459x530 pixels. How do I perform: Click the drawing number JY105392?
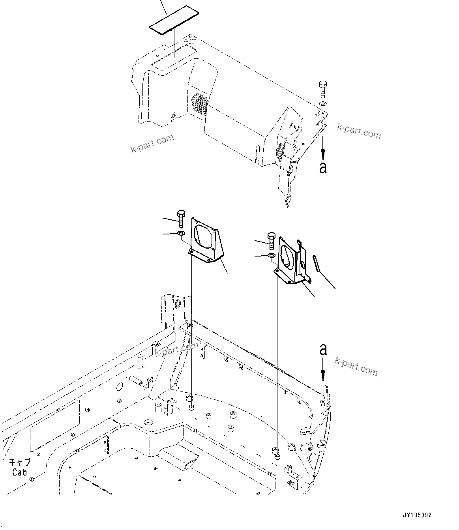[x=417, y=515]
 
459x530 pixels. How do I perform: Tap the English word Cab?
[x=19, y=472]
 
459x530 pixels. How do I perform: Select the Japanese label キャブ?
[x=20, y=462]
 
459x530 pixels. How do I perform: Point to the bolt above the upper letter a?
[x=322, y=89]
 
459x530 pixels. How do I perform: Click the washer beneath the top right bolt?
[x=322, y=103]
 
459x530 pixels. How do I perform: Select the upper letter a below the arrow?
[x=323, y=167]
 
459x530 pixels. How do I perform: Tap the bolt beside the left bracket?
[x=181, y=218]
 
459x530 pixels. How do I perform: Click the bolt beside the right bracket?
[x=271, y=240]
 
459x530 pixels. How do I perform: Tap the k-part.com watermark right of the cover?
[x=359, y=131]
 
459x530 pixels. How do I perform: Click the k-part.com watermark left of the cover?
[x=152, y=143]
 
